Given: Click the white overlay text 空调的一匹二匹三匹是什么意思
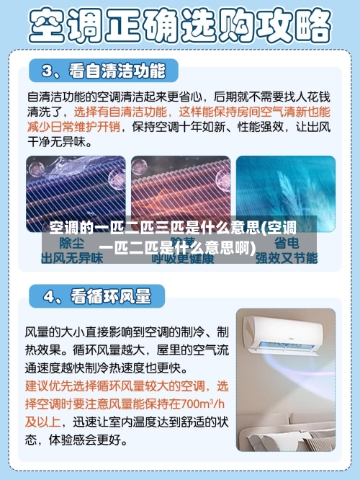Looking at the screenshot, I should pos(155,229).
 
